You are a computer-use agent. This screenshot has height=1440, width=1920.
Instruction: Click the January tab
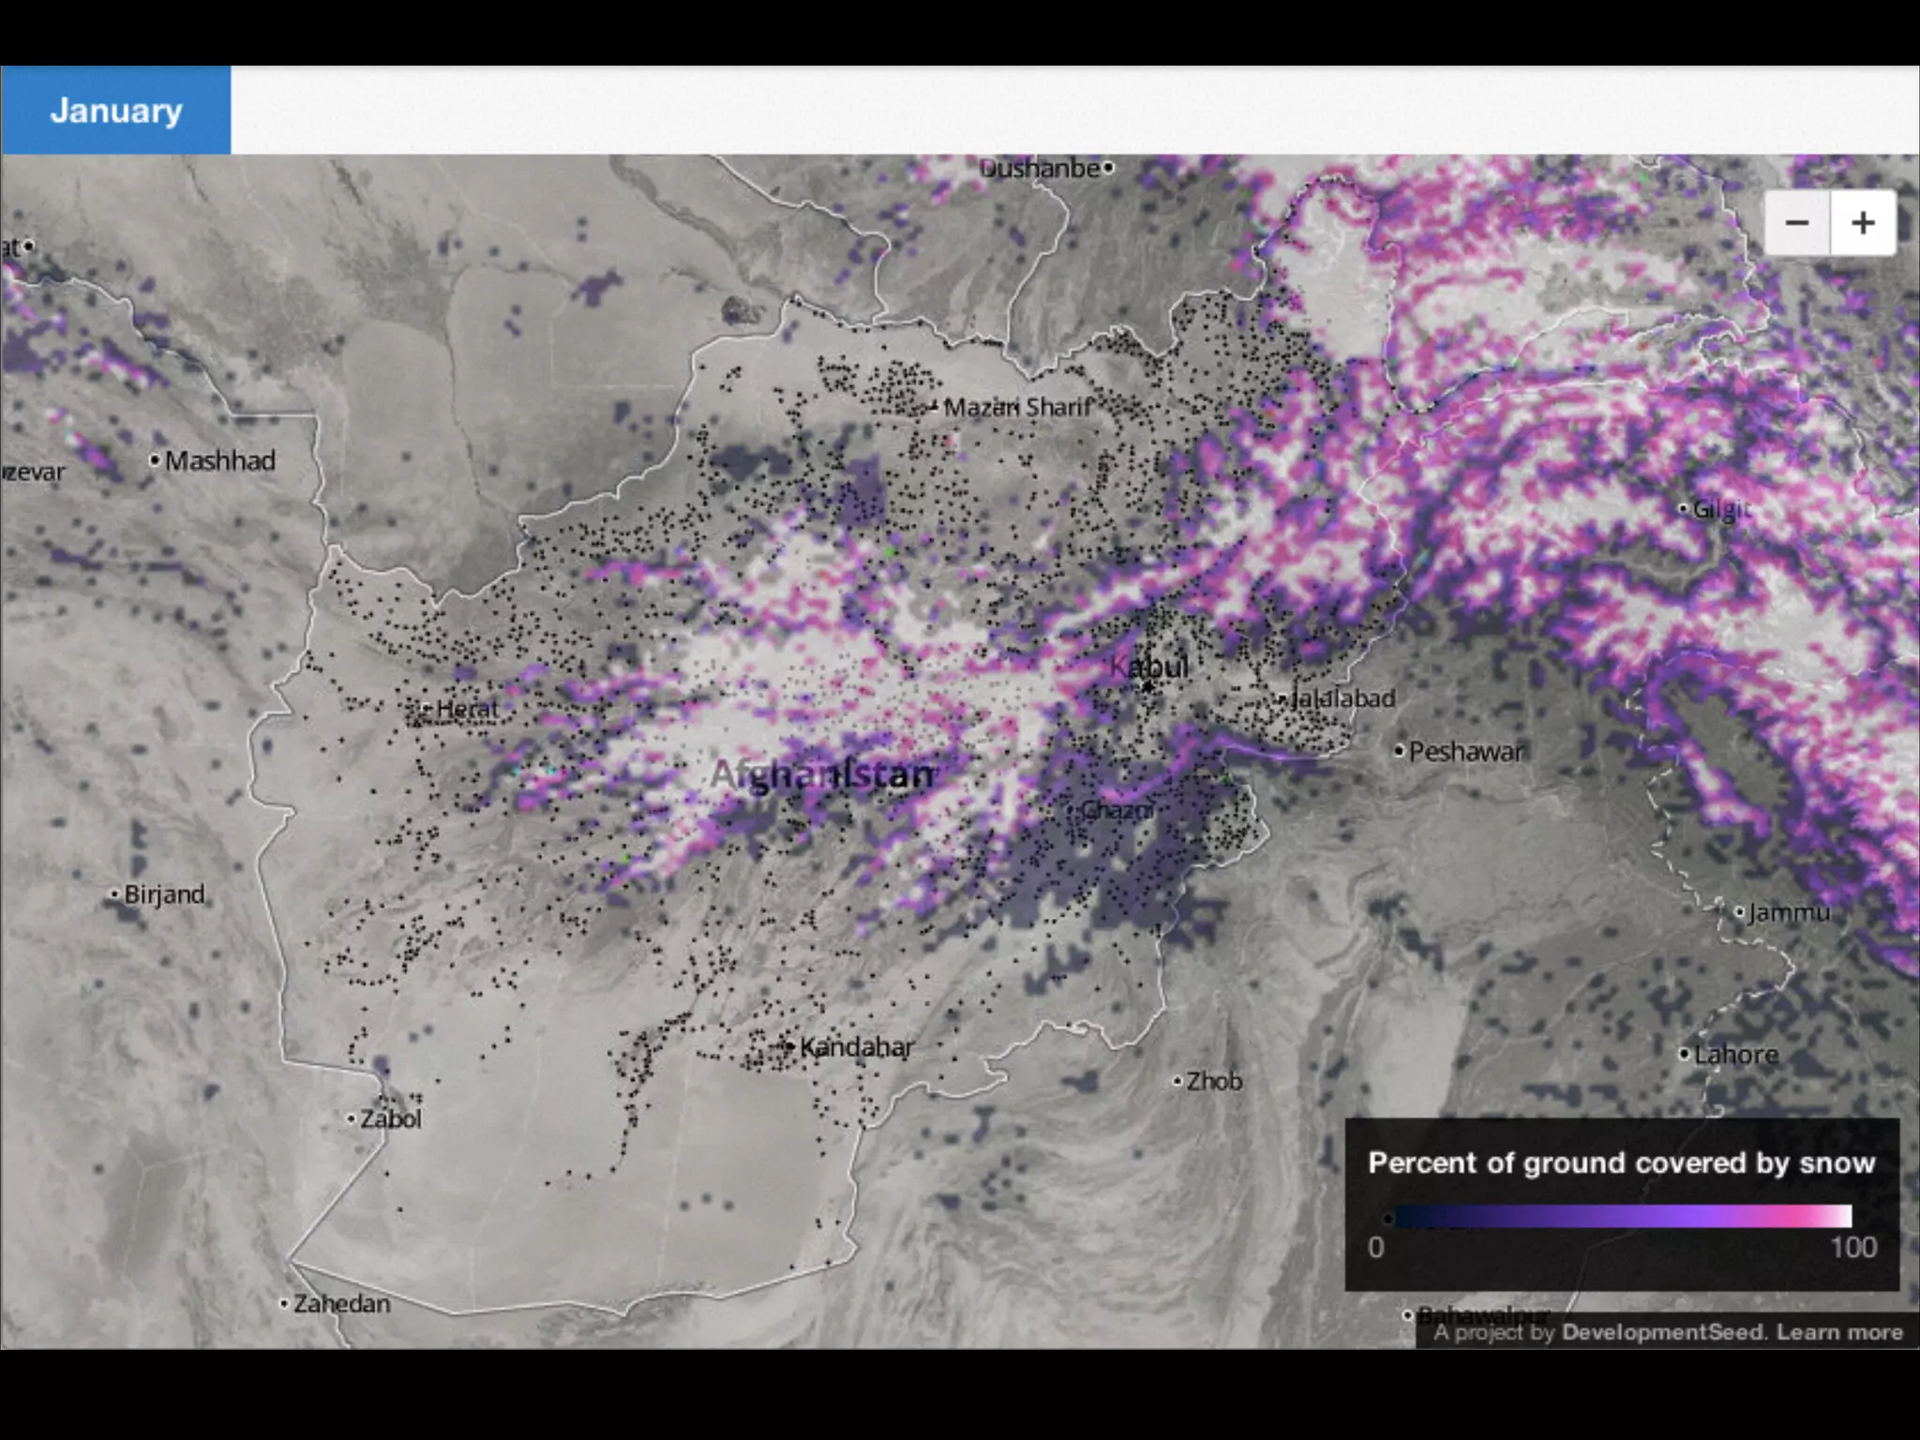[115, 111]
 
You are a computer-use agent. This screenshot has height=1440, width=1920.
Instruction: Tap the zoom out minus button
[1796, 223]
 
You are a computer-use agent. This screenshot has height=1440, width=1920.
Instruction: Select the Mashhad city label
[219, 460]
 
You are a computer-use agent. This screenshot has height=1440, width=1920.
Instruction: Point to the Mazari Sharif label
[1017, 407]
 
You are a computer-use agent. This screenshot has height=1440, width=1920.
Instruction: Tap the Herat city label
[467, 709]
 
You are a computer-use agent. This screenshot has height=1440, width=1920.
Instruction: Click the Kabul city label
[1148, 667]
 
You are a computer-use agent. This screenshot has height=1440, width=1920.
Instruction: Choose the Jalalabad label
[1342, 698]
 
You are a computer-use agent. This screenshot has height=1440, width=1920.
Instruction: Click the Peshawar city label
[1465, 751]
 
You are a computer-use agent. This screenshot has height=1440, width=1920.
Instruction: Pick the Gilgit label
[1721, 509]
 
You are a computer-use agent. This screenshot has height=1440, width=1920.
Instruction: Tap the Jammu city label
[1788, 911]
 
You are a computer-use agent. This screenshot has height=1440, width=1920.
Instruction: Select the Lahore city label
[1735, 1055]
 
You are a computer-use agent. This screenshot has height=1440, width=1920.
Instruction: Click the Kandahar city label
[856, 1047]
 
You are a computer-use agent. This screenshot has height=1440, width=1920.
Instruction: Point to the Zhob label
[1214, 1081]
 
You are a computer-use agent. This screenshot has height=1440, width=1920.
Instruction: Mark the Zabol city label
[391, 1118]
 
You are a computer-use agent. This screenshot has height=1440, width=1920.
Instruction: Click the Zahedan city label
[341, 1303]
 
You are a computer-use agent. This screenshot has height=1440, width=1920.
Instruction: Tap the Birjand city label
[164, 894]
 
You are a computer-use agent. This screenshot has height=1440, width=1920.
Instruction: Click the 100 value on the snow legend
[1852, 1248]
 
